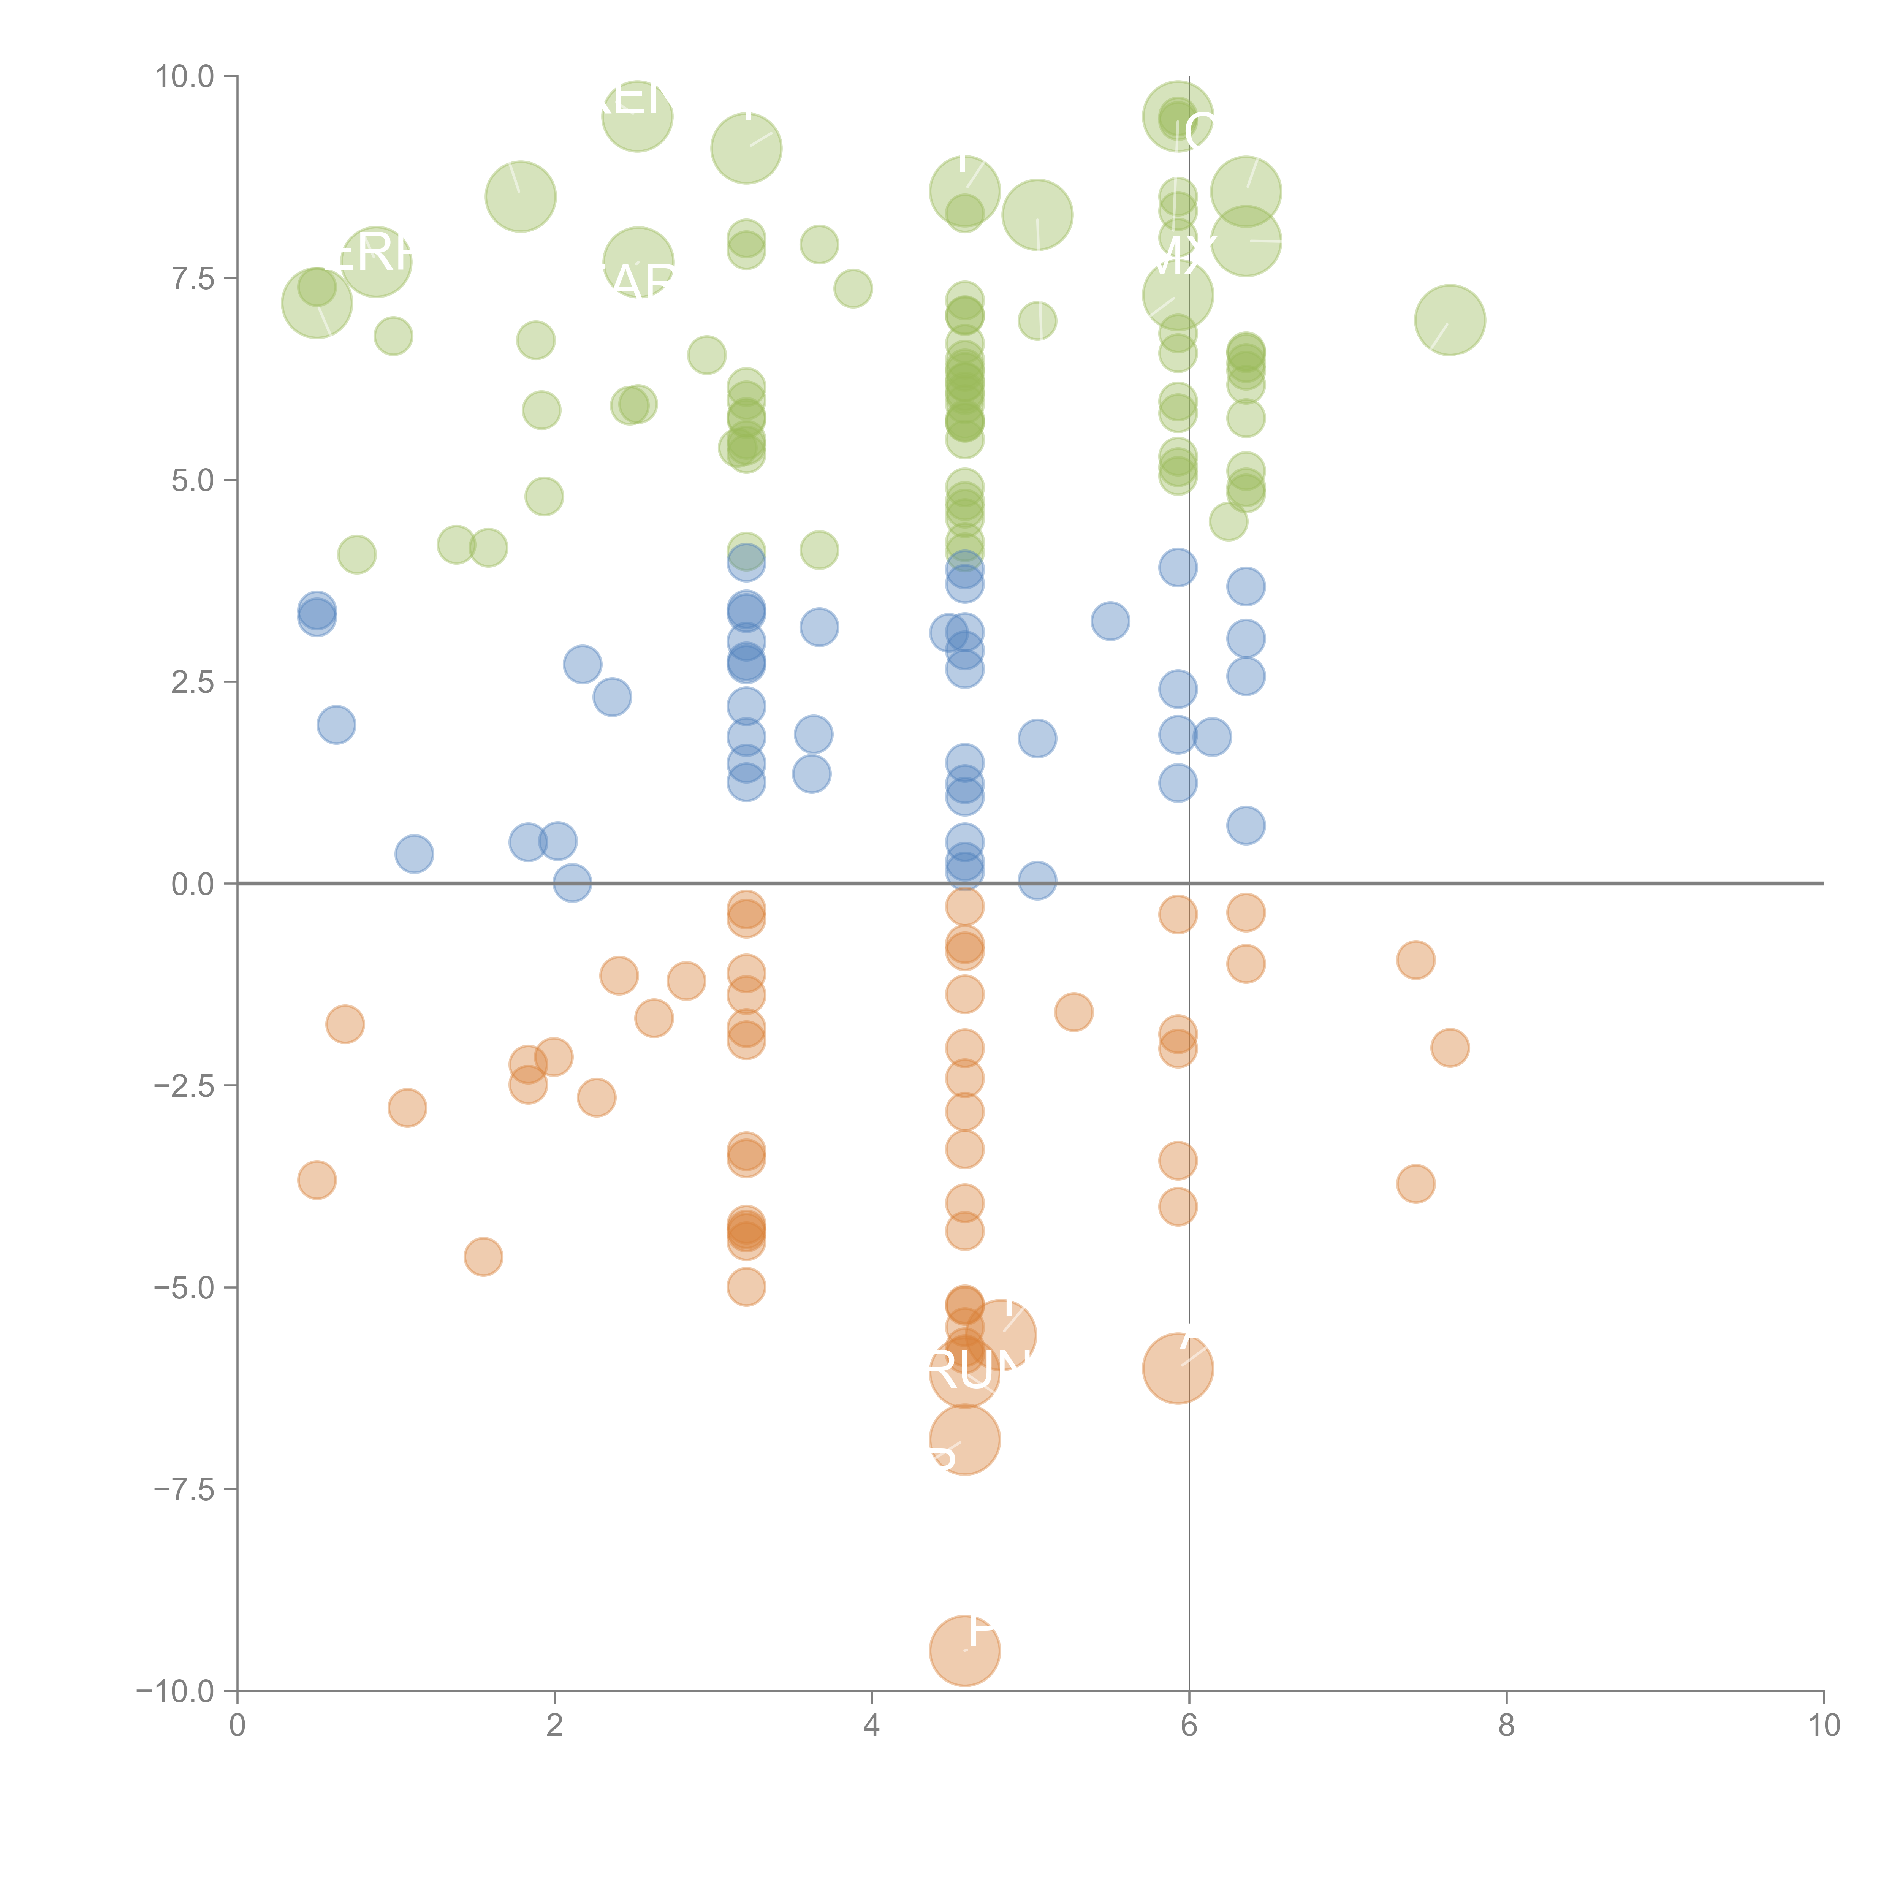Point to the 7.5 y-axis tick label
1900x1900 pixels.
[x=192, y=278]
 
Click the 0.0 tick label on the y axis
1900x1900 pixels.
[x=192, y=884]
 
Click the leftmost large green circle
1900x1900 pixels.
[x=317, y=303]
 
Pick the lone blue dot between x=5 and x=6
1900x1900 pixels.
[x=1109, y=621]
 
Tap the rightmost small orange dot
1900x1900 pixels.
[x=1450, y=1047]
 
